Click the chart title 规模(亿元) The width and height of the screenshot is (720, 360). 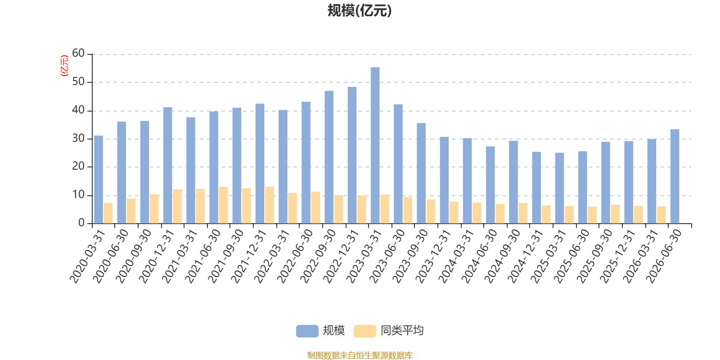[x=360, y=11]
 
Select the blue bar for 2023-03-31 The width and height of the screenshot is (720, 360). [x=375, y=145]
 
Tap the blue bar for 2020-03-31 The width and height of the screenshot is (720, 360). [x=99, y=180]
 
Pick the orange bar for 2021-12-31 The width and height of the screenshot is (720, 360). [x=270, y=205]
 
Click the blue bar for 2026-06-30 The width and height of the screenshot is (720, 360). [x=675, y=176]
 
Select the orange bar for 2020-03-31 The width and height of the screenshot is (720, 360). [x=108, y=213]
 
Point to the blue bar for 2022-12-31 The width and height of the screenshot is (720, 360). [x=352, y=155]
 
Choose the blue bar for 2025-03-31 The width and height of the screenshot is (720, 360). [x=560, y=188]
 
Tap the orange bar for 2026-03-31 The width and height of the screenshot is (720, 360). [x=661, y=215]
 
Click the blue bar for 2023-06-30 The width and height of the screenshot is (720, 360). [x=398, y=164]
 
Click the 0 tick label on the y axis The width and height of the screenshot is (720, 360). [x=81, y=223]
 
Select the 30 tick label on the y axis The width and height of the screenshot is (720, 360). [x=78, y=139]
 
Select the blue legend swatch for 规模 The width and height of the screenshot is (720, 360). [x=307, y=331]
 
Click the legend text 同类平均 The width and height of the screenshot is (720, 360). [x=402, y=330]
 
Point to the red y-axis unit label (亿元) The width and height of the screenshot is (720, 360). [x=65, y=66]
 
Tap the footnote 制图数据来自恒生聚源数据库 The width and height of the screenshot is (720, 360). [x=360, y=355]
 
